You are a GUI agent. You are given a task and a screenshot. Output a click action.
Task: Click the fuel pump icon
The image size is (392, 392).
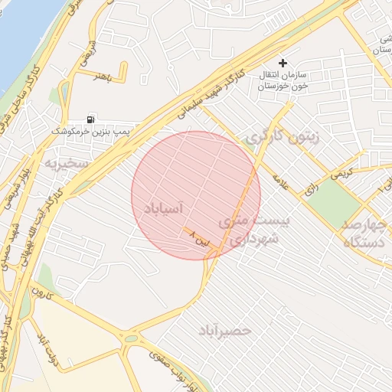coord(92,119)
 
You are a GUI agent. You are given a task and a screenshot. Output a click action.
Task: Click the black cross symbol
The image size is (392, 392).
coord(283,63)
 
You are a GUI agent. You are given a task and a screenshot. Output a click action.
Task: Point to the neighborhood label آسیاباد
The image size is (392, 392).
coord(162,207)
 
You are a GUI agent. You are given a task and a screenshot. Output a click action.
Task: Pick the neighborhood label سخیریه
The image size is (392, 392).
coord(66,164)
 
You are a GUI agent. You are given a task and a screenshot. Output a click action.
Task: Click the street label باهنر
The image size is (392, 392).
coord(103,77)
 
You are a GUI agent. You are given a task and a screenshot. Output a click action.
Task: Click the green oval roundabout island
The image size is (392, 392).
coord(131,338)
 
